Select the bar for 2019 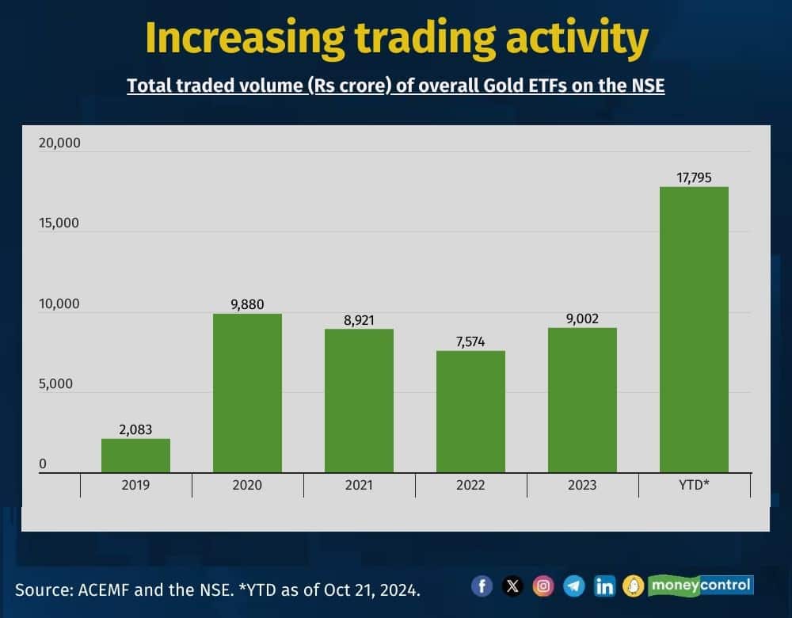pyautogui.click(x=135, y=456)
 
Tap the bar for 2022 pyautogui.click(x=470, y=412)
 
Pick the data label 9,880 pyautogui.click(x=247, y=303)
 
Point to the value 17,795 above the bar pyautogui.click(x=694, y=177)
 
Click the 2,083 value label pyautogui.click(x=135, y=429)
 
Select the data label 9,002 pyautogui.click(x=582, y=319)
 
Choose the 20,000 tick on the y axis pyautogui.click(x=59, y=143)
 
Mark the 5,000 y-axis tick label pyautogui.click(x=55, y=384)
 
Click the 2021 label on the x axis pyautogui.click(x=359, y=485)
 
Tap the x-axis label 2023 pyautogui.click(x=582, y=485)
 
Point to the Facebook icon pyautogui.click(x=482, y=586)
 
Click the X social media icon pyautogui.click(x=512, y=586)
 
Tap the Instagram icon pyautogui.click(x=543, y=586)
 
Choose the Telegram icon pyautogui.click(x=574, y=586)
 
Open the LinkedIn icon pyautogui.click(x=604, y=586)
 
